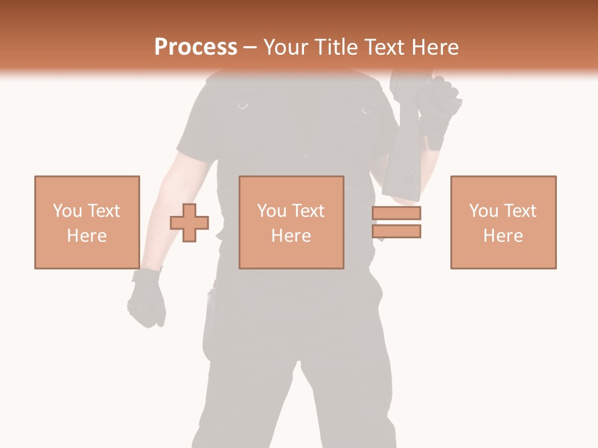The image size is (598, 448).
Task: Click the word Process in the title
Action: point(196,47)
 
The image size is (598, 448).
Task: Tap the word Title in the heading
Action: point(335,47)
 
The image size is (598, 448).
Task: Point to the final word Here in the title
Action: point(434,47)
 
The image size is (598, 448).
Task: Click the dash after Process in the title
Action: point(250,48)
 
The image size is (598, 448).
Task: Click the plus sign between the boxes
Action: point(189,223)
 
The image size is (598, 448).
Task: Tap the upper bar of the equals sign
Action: point(396,213)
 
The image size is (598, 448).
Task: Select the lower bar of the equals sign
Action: point(396,231)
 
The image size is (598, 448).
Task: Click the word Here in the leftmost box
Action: point(87,236)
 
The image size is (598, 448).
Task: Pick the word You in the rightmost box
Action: point(483,211)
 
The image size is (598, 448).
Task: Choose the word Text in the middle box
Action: point(308,211)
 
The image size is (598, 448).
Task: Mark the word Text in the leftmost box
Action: point(103,211)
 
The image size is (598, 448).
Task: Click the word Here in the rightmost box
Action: point(503,236)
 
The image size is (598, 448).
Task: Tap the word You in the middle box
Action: point(272,211)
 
